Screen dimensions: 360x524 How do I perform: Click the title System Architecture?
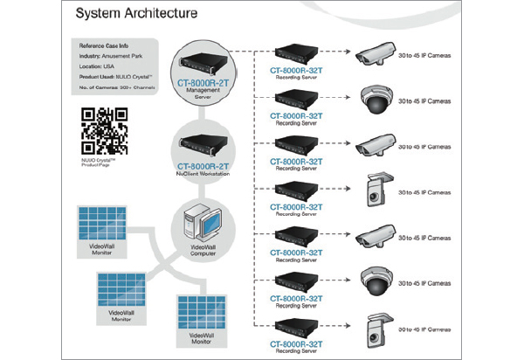pyautogui.click(x=135, y=14)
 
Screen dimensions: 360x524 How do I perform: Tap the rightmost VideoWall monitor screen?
pyautogui.click(x=202, y=307)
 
